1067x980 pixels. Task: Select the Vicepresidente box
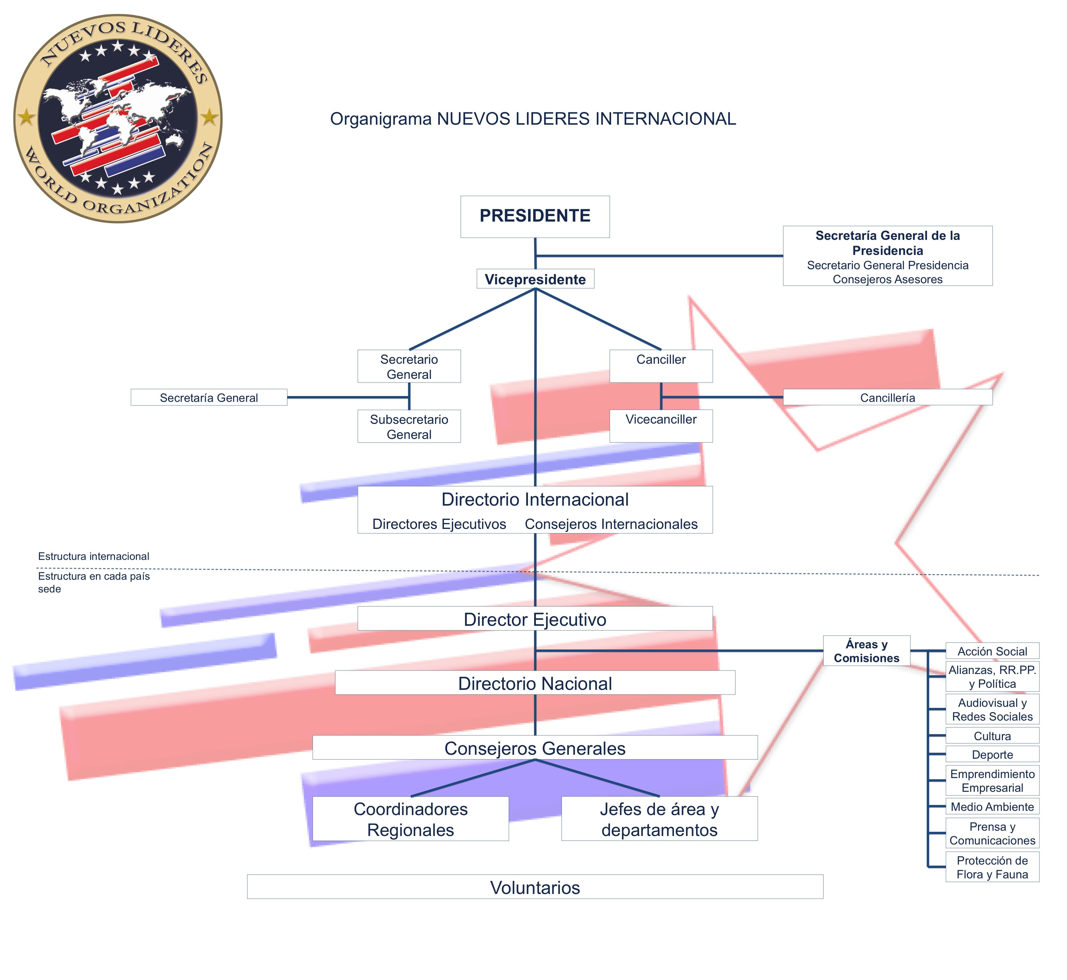pyautogui.click(x=535, y=279)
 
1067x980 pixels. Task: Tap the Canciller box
pyautogui.click(x=661, y=366)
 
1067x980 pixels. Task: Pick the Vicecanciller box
pyautogui.click(x=661, y=426)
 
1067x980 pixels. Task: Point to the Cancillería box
pyautogui.click(x=888, y=397)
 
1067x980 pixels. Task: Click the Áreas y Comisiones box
pyautogui.click(x=867, y=651)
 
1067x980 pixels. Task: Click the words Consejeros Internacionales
pyautogui.click(x=611, y=524)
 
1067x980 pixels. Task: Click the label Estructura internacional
pyautogui.click(x=94, y=556)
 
